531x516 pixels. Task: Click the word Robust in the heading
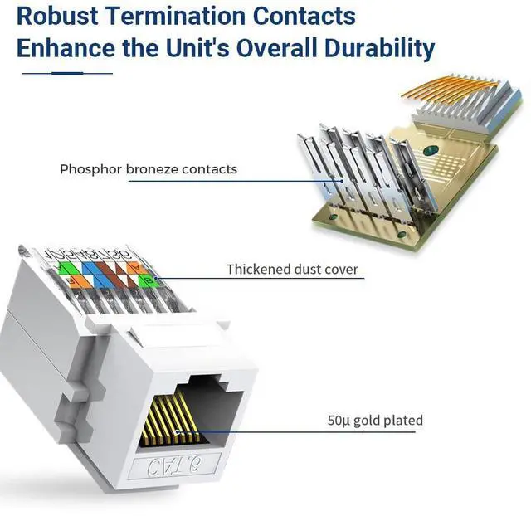pos(57,15)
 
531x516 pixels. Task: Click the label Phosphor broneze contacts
pos(148,169)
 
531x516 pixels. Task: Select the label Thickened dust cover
pos(292,270)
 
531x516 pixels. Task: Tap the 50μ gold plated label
pos(374,421)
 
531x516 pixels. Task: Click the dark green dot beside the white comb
pos(430,151)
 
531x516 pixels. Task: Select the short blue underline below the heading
pos(67,73)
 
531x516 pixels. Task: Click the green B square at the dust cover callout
pos(149,280)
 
